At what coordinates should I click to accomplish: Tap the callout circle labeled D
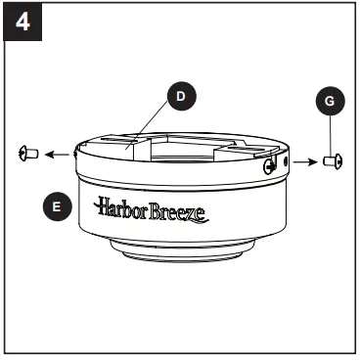179,96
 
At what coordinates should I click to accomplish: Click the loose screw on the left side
27,153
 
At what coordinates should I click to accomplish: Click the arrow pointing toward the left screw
58,154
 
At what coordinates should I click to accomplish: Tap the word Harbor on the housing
120,207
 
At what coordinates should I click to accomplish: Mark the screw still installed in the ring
267,165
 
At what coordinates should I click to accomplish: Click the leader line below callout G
329,132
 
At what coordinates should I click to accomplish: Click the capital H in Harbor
103,206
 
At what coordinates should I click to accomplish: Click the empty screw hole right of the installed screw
284,159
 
